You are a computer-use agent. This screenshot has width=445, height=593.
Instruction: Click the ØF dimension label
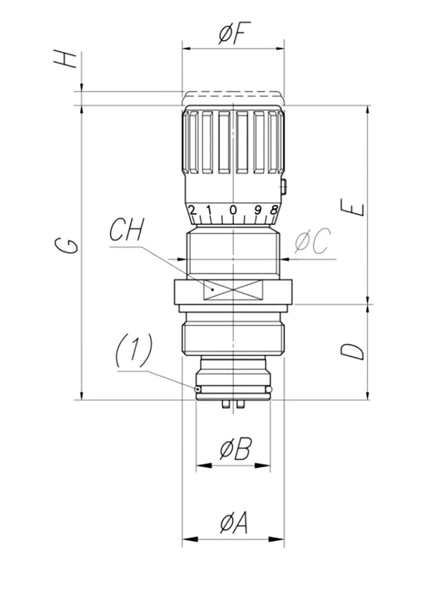click(x=235, y=33)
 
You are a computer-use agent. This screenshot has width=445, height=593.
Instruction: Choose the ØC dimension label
click(x=313, y=241)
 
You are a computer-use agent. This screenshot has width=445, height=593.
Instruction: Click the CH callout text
click(x=127, y=230)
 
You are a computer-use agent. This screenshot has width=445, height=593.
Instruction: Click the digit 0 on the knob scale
click(x=233, y=210)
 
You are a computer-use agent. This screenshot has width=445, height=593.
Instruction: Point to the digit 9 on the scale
click(x=258, y=210)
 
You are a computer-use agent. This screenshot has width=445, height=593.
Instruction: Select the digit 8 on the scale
click(x=274, y=210)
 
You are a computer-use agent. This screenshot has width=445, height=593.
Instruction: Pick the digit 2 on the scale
click(x=192, y=210)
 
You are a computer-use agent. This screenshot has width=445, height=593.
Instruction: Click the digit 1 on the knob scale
click(x=209, y=210)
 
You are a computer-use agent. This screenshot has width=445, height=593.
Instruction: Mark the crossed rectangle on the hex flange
click(x=233, y=290)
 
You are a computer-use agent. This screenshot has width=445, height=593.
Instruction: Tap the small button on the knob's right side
click(x=283, y=187)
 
